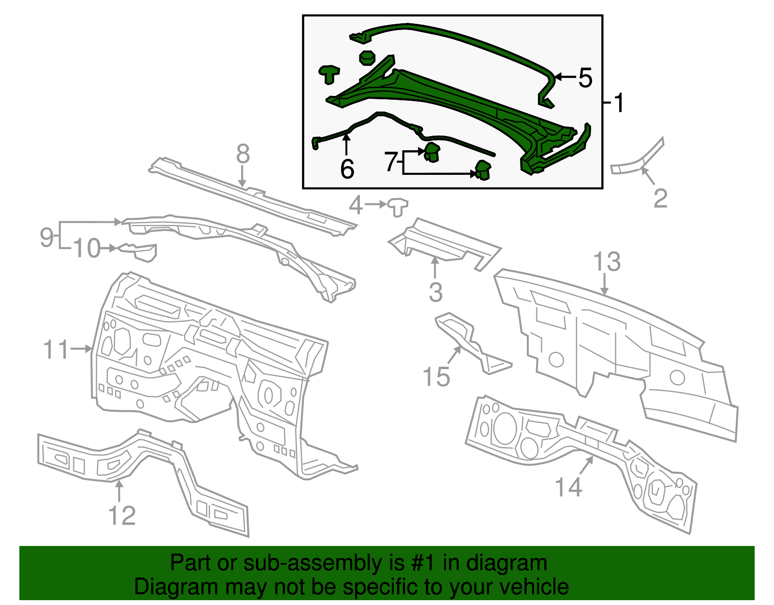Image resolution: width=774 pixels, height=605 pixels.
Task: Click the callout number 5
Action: (585, 78)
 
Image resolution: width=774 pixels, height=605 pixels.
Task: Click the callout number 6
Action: (347, 169)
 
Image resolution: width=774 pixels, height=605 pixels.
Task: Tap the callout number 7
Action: (391, 161)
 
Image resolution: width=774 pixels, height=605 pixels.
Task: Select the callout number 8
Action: (243, 154)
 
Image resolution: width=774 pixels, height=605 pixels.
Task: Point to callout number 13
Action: (607, 262)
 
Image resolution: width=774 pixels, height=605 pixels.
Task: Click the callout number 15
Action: (436, 376)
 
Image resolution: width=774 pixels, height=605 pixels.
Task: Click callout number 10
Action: (87, 248)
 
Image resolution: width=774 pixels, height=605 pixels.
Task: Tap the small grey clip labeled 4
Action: (398, 206)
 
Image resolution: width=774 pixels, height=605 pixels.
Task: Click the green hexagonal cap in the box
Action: (366, 58)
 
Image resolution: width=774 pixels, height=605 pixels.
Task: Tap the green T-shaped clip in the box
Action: (329, 74)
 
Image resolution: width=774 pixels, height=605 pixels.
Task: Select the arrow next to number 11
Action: (81, 348)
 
